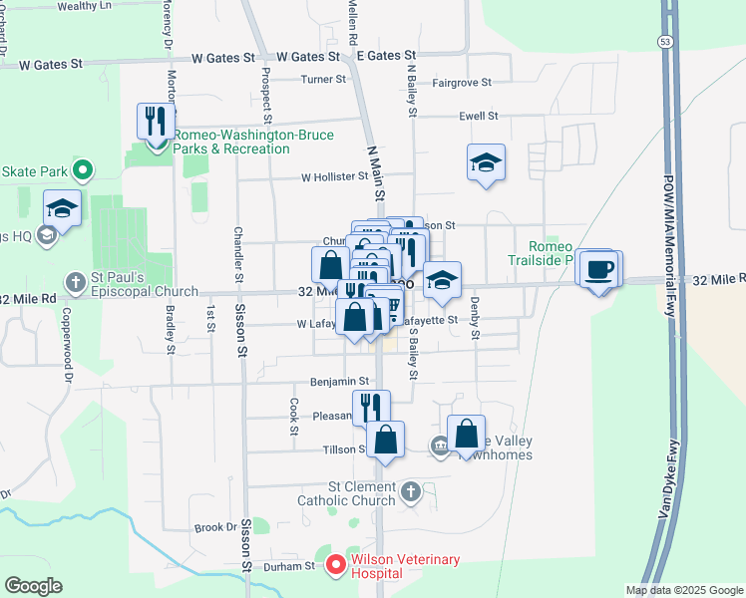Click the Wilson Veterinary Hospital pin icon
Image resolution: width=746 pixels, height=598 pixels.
pos(335,566)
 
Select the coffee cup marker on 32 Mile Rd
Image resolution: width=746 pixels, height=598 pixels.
pos(600,269)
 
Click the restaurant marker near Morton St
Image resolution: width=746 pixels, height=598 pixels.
pos(156,122)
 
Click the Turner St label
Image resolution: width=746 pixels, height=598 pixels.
pos(324,79)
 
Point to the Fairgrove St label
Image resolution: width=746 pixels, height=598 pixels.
pos(462,83)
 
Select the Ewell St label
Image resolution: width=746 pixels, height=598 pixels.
pos(478,117)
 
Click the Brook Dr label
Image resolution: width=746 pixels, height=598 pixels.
pos(214,527)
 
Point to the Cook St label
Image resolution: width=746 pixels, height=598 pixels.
pos(294,416)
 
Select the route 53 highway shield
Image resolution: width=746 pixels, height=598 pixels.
pos(664,40)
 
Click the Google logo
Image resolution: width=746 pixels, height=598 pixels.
pos(33,586)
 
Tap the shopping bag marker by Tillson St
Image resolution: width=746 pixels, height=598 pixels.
pos(385,439)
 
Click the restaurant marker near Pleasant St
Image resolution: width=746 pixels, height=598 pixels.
pos(370,406)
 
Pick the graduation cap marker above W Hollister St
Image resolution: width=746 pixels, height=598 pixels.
pos(486,162)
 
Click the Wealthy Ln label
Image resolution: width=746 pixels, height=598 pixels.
pos(85,5)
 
